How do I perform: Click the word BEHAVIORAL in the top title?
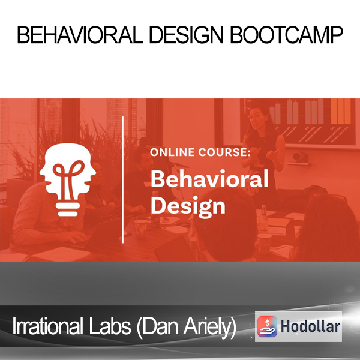[x=80, y=35]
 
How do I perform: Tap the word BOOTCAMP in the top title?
[x=286, y=35]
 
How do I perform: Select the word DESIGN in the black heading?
[x=187, y=35]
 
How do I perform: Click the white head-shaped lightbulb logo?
[x=67, y=179]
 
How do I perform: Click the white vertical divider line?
[x=123, y=179]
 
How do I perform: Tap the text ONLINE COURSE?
[x=200, y=152]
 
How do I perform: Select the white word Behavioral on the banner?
[x=209, y=179]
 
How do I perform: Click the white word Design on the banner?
[x=188, y=206]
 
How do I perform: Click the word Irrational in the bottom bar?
[x=47, y=326]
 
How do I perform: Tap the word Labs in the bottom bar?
[x=110, y=326]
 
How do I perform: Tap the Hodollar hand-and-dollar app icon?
[x=267, y=326]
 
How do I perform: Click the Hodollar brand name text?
[x=310, y=326]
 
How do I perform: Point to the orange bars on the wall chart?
[x=341, y=112]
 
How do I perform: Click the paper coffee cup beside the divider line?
[x=140, y=229]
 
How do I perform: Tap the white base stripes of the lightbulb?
[x=68, y=209]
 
